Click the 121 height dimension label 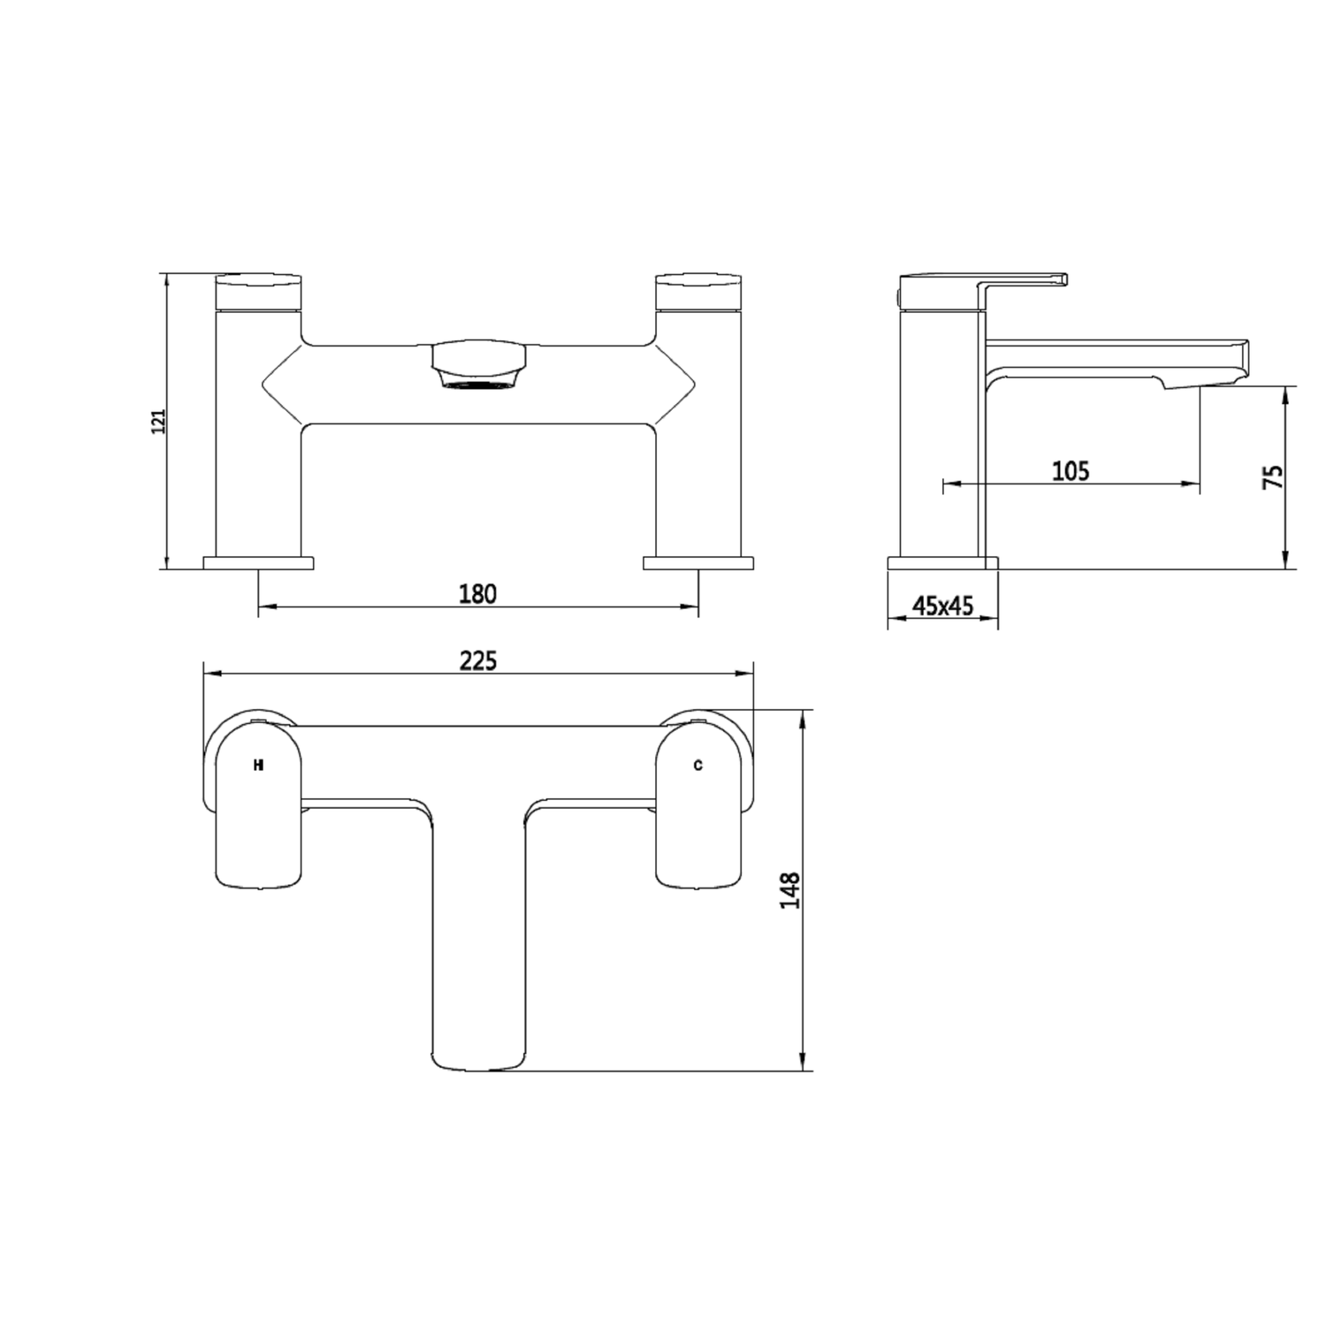159,422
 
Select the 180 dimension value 477,594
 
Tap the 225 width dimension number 477,660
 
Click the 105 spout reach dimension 1071,471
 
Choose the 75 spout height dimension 1273,477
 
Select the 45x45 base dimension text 942,606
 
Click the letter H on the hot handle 258,766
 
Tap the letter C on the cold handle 697,766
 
